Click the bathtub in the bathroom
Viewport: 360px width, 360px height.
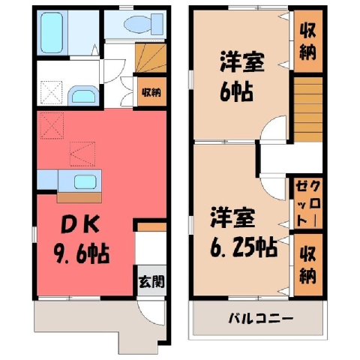coord(52,33)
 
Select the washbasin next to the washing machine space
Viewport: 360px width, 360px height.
coord(84,94)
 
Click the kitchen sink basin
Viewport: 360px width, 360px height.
coord(85,181)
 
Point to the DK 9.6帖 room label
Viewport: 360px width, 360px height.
coord(82,239)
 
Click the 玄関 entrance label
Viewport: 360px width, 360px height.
coord(151,282)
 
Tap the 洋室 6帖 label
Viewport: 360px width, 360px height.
coord(241,76)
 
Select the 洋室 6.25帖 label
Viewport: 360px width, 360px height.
coord(243,232)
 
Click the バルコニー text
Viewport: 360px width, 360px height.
coord(260,319)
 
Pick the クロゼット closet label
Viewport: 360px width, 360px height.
coord(307,204)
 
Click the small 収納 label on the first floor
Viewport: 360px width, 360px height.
coord(151,92)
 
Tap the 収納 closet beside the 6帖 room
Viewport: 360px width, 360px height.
coord(307,41)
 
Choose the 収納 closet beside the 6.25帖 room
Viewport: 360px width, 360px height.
coord(307,265)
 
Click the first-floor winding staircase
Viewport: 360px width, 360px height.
coord(151,58)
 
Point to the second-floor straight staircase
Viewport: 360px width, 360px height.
coord(308,109)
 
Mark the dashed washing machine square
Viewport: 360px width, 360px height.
coord(51,92)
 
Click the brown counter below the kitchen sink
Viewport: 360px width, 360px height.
coord(79,197)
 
